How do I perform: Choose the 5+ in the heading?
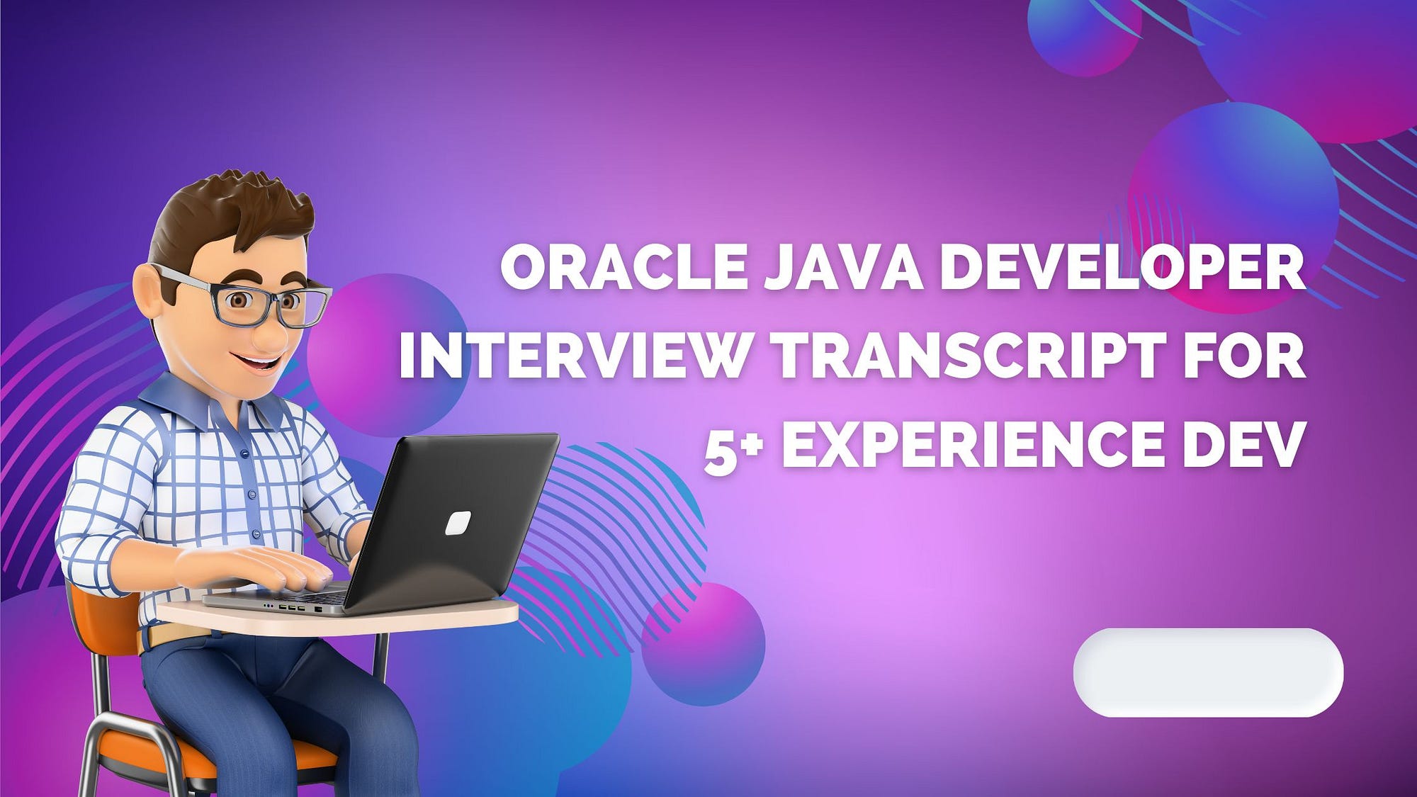pyautogui.click(x=733, y=446)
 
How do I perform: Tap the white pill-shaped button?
pyautogui.click(x=1208, y=672)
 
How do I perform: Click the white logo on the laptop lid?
pyautogui.click(x=458, y=523)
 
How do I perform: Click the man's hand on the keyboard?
pyautogui.click(x=255, y=567)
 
